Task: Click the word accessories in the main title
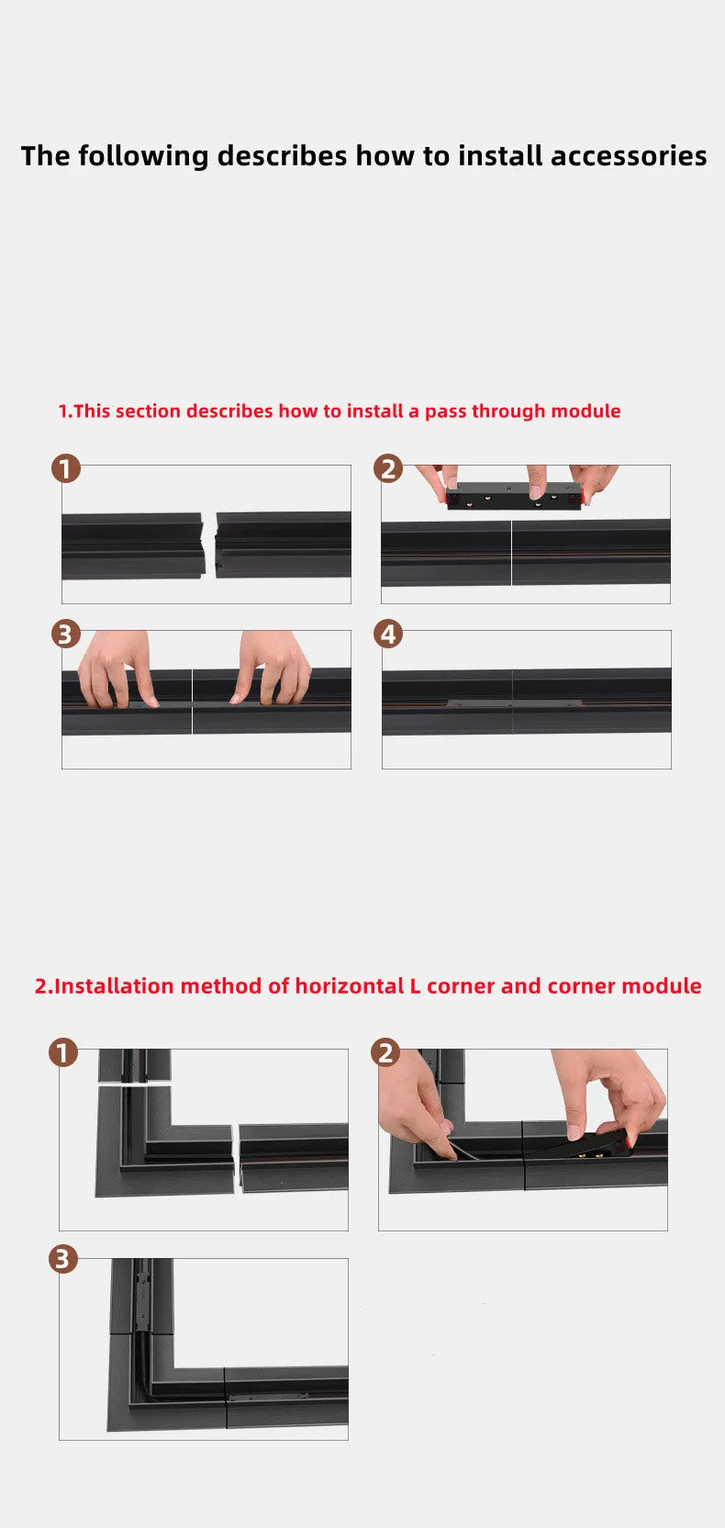click(629, 156)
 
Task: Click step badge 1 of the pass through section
click(65, 469)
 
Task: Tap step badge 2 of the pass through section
click(388, 469)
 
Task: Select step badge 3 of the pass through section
click(65, 634)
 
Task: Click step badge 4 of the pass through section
click(388, 634)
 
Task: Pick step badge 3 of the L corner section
click(63, 1258)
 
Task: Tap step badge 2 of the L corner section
click(386, 1052)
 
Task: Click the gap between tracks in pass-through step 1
click(209, 545)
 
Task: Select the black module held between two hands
click(514, 495)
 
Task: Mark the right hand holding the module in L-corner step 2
click(615, 1097)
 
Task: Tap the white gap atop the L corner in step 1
click(134, 1084)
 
